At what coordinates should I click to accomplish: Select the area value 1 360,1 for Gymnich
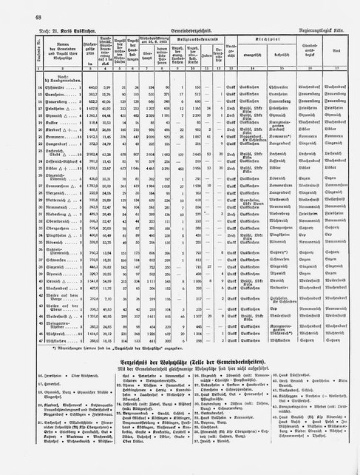pos(71,115)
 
